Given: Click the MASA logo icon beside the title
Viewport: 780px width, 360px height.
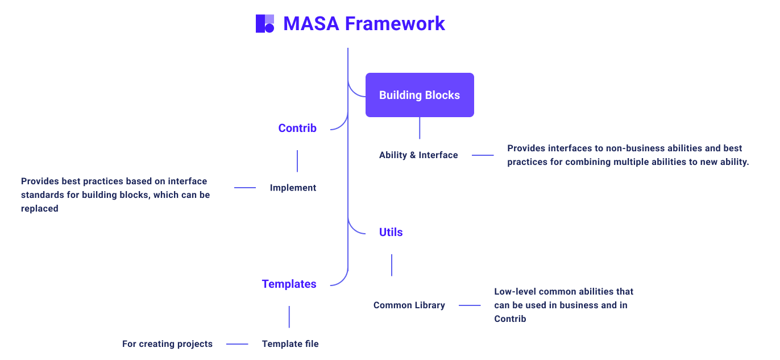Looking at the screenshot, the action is coord(265,24).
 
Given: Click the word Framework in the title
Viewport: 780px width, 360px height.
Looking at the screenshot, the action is coord(395,24).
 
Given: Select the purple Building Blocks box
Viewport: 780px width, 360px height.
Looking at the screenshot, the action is coord(420,95).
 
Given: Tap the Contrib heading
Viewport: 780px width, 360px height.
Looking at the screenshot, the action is coord(297,129).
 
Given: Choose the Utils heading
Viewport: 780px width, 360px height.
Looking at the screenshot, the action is coord(391,232).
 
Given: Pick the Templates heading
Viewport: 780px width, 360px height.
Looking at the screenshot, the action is coord(289,284).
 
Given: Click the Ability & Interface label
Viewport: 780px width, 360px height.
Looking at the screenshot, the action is coord(418,155).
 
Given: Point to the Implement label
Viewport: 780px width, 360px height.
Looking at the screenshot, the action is coord(293,188).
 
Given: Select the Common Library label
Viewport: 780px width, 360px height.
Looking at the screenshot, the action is coord(409,305).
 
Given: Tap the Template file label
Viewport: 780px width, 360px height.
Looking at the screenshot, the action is coord(290,344).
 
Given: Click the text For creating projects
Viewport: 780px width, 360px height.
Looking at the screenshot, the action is coord(167,344).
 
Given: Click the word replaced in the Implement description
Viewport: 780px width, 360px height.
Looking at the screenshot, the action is coord(40,209).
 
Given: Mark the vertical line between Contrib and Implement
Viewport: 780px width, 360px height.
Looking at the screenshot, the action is coord(297,161).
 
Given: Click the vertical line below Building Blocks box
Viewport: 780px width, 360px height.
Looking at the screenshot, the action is coord(420,128).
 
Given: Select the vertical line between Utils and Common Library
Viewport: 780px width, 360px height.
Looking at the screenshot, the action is coord(392,265).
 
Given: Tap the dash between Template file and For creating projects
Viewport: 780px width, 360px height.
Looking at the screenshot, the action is coord(237,344).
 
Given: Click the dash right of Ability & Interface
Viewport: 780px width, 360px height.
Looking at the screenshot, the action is coord(483,155).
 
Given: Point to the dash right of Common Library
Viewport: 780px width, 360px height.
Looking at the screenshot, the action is coord(470,305).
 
